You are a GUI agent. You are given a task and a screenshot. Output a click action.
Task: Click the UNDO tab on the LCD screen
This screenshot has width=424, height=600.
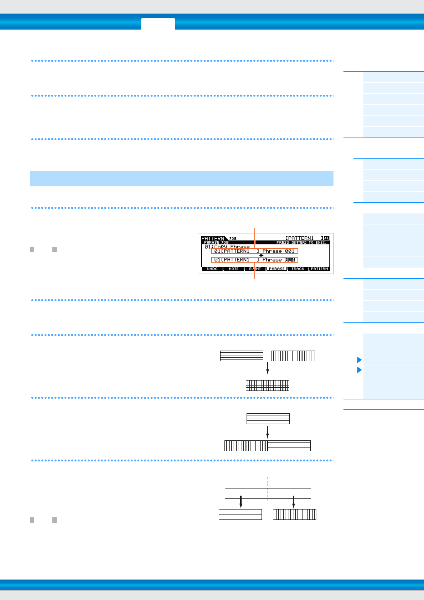tap(212, 269)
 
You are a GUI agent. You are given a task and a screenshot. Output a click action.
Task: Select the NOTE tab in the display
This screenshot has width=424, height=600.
tap(234, 269)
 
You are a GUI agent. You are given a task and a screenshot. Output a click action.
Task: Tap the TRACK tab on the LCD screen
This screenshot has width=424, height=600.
tap(298, 269)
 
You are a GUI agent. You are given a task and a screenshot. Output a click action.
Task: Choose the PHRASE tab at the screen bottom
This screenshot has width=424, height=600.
tap(277, 269)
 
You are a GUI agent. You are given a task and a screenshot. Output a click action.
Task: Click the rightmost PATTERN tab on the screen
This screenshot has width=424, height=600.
tap(319, 269)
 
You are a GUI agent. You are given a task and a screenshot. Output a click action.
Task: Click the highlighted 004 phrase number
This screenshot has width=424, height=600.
tap(290, 260)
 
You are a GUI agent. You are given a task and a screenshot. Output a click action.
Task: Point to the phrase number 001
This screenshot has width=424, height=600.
tap(290, 251)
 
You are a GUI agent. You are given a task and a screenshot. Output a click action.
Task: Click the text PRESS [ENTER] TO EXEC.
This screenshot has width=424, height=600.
tap(301, 242)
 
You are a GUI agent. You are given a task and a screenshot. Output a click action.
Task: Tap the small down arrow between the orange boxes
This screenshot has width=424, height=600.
tap(261, 255)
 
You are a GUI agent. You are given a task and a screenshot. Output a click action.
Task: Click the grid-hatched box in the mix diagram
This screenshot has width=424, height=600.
tap(268, 386)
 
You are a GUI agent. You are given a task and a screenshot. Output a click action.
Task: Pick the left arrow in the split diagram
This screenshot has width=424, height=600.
tap(241, 501)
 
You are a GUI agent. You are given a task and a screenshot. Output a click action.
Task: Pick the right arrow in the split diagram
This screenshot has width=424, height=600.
tap(294, 501)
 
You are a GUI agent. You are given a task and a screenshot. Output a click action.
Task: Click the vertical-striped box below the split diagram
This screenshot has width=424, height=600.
tap(294, 514)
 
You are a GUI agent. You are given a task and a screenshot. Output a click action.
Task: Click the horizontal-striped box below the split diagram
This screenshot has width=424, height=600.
tap(240, 514)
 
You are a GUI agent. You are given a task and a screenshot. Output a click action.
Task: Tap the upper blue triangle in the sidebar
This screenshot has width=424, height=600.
tap(359, 360)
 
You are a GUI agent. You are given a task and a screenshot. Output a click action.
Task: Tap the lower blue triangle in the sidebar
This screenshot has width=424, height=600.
tap(359, 370)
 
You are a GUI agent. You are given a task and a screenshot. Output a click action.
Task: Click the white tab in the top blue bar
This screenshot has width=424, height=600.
tap(158, 24)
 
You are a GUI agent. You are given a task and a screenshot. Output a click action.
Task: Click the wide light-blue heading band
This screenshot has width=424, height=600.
tap(182, 179)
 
